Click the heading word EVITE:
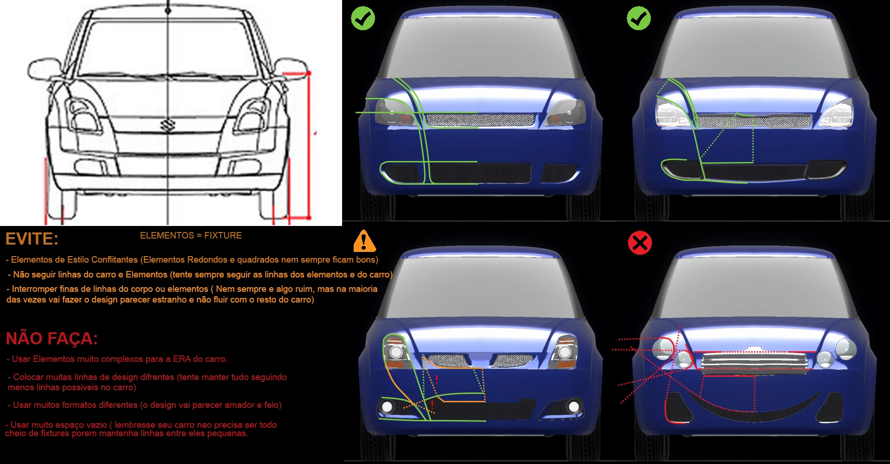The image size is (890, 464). coord(32,239)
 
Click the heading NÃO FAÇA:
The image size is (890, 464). coord(51,339)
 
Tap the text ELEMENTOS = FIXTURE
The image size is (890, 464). coord(191,236)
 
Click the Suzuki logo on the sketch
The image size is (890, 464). coord(166,125)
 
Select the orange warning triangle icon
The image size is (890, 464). coord(364,241)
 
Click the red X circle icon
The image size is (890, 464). coord(640,243)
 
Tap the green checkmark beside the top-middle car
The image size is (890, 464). coord(363,19)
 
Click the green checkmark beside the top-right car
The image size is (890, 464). coord(638,19)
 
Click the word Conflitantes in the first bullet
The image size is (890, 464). coord(114,260)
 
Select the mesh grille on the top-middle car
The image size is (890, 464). coord(480,120)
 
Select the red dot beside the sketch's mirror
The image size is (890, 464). coord(309,73)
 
